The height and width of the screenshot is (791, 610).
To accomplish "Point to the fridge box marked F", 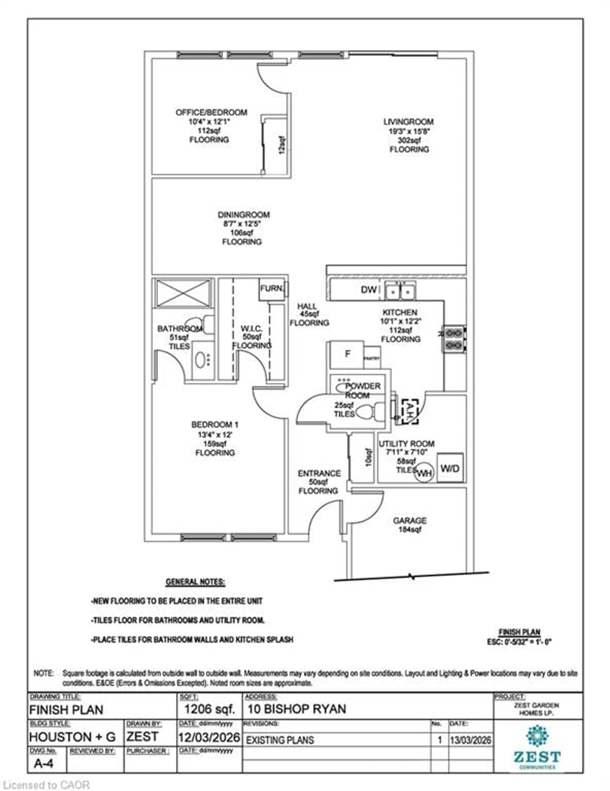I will (x=347, y=354).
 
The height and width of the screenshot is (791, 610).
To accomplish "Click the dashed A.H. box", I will (x=410, y=411).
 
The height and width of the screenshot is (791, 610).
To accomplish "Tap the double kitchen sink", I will (x=400, y=290).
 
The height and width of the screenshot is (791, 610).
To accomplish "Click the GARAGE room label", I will (x=410, y=520).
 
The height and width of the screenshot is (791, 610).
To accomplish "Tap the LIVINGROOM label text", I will (x=408, y=122).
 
